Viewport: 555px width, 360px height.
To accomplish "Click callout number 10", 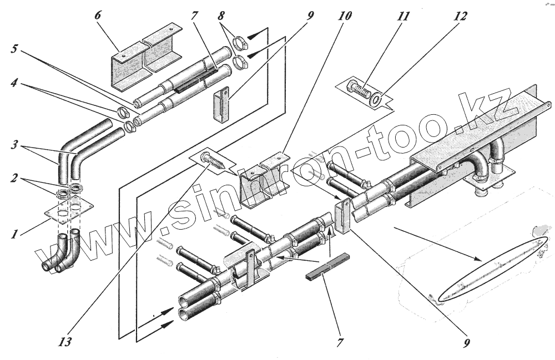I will pos(344,15).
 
